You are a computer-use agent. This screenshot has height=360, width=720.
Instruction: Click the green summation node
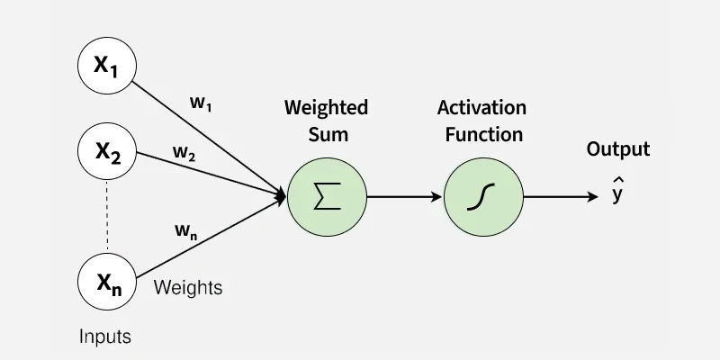click(x=327, y=196)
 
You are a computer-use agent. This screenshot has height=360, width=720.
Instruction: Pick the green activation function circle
click(x=483, y=196)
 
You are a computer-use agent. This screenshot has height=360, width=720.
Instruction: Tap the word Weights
click(x=188, y=289)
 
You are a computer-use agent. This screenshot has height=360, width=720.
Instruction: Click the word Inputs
click(x=104, y=337)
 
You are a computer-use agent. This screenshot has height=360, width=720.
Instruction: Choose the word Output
click(x=617, y=149)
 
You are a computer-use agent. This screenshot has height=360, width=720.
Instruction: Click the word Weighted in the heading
click(x=326, y=108)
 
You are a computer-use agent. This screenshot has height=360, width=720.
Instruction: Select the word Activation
click(x=481, y=108)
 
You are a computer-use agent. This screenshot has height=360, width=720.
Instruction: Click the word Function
click(x=481, y=135)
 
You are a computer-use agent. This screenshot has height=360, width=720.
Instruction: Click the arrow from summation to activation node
click(x=404, y=196)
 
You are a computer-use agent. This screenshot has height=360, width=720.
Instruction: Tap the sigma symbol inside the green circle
click(x=327, y=196)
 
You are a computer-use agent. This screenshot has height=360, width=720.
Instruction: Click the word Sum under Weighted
click(x=327, y=135)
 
